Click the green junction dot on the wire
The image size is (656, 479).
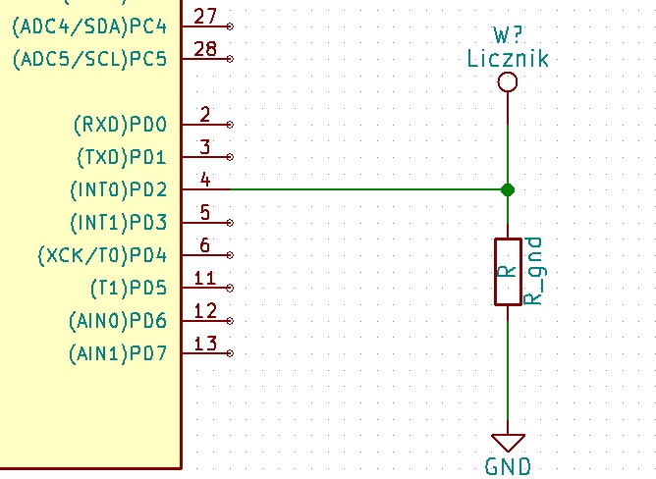click(508, 189)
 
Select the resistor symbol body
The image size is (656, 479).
click(508, 271)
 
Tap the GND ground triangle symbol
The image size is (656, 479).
click(508, 443)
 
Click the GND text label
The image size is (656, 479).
click(508, 466)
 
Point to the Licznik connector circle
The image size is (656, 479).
click(508, 81)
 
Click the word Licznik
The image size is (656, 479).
click(508, 59)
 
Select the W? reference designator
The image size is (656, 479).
click(508, 36)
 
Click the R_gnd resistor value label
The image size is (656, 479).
click(534, 271)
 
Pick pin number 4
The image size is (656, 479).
click(204, 180)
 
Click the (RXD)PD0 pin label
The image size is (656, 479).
click(120, 125)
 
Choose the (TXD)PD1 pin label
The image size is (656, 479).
click(121, 157)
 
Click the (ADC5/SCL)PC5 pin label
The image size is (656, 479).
click(89, 59)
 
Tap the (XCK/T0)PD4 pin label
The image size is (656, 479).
click(102, 255)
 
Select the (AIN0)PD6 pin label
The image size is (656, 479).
click(118, 321)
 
